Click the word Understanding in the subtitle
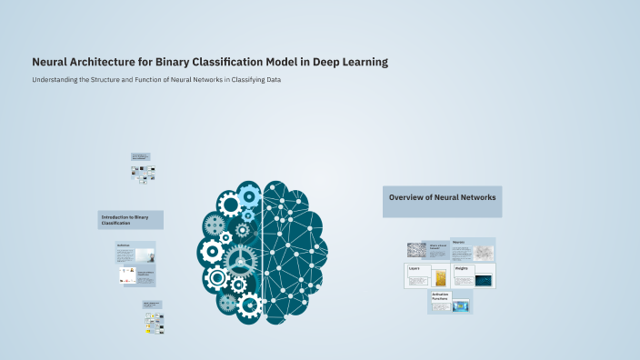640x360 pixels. click(x=55, y=80)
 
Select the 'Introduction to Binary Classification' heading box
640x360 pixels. click(x=130, y=219)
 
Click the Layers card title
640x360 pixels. click(x=415, y=269)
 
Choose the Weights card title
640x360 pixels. click(x=462, y=269)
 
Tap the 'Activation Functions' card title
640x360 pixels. click(x=442, y=296)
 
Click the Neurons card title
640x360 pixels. click(x=459, y=242)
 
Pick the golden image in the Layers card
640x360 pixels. click(x=442, y=278)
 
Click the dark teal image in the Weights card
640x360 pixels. click(x=484, y=280)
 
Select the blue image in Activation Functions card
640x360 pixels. click(x=461, y=305)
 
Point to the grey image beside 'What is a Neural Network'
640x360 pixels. click(x=415, y=251)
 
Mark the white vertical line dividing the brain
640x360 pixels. click(x=263, y=245)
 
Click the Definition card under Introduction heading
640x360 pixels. click(x=135, y=251)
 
